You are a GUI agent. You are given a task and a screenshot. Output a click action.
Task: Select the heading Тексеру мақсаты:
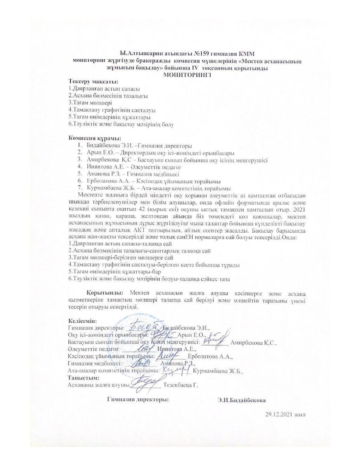point(93,82)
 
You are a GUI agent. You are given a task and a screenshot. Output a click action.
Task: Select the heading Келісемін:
point(82,321)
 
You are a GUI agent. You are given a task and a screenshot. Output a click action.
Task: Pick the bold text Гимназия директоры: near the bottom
point(138,400)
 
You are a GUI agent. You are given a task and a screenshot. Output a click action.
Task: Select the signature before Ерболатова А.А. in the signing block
point(169,354)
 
